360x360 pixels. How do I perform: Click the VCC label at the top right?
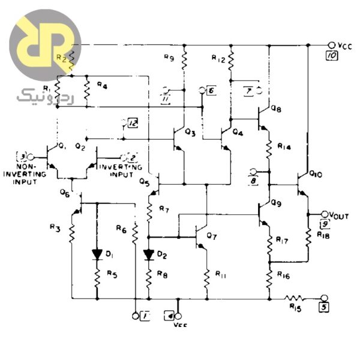click(x=346, y=45)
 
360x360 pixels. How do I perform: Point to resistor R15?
click(x=295, y=297)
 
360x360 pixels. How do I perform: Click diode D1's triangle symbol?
click(x=97, y=254)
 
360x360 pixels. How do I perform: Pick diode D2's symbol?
click(x=148, y=254)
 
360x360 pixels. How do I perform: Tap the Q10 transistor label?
click(x=317, y=175)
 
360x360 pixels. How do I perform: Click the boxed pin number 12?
click(x=133, y=124)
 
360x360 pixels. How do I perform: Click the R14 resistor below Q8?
click(x=268, y=146)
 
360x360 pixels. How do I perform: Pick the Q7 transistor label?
click(x=211, y=236)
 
